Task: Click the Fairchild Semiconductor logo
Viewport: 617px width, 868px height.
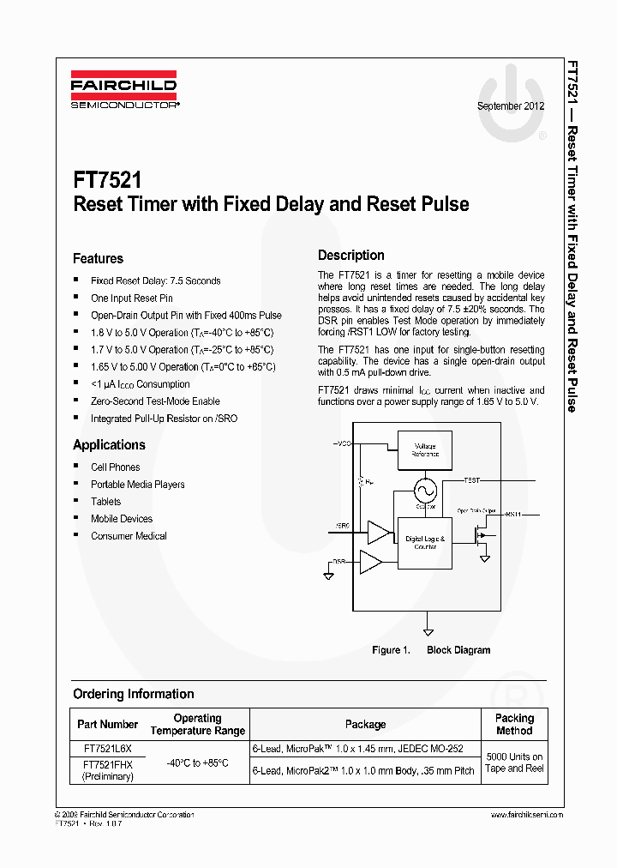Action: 124,89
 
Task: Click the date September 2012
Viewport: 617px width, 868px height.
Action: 511,106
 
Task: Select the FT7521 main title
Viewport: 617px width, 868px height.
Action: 107,181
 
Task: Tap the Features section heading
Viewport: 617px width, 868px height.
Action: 98,258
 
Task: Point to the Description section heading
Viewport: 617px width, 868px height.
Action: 351,255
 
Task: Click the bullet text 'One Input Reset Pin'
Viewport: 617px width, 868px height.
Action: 132,298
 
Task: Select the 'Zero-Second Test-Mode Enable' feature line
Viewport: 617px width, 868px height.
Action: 155,401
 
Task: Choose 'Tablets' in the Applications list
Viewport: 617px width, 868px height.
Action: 106,501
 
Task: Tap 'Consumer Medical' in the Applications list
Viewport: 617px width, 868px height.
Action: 129,535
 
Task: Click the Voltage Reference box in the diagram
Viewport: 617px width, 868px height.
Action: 426,449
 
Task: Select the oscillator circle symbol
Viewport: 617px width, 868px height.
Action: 424,491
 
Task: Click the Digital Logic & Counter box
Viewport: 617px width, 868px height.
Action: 425,542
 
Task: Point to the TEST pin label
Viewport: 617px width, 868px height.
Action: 471,479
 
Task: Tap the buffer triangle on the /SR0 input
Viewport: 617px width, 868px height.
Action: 377,533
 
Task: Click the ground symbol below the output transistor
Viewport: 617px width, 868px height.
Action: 484,558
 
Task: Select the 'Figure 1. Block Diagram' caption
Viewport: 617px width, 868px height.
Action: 431,650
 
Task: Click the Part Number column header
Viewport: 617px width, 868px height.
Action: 107,725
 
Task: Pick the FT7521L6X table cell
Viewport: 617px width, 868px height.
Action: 107,748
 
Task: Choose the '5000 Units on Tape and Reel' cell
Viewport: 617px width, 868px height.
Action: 514,763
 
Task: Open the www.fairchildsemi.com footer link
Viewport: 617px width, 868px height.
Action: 526,815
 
